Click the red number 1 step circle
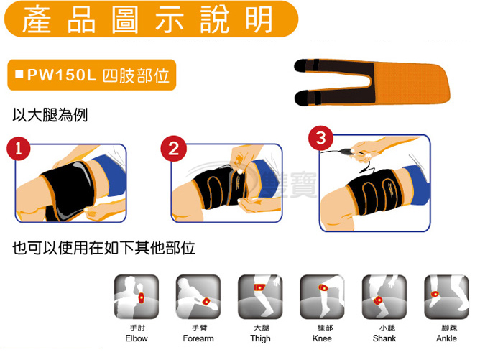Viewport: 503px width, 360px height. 19,149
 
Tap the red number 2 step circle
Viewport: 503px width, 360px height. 174,148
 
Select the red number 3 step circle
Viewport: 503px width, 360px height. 320,138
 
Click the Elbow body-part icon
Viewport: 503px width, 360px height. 137,297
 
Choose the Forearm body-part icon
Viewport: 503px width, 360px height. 198,297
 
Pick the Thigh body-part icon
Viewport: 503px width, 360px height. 260,297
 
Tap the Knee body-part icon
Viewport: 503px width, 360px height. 323,297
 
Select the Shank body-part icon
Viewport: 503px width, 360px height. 384,297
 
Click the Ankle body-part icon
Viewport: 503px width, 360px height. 446,297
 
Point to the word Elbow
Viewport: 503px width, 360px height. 137,338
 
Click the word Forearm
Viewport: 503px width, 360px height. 198,338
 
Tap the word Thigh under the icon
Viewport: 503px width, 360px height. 260,339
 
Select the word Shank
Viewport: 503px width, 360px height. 384,338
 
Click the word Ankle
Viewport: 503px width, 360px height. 446,338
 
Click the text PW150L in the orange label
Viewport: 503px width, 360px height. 62,75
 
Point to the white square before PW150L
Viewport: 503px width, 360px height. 19,75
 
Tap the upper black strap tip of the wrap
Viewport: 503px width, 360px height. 300,65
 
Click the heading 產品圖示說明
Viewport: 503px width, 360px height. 148,19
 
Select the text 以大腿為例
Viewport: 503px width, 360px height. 50,115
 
